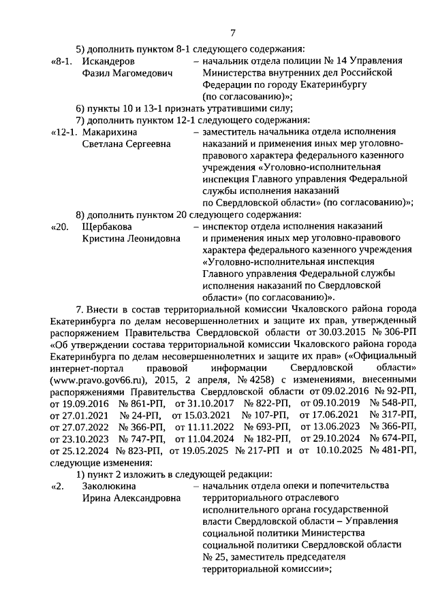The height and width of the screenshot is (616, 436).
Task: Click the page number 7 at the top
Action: [232, 33]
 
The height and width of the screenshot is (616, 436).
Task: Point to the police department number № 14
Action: [338, 61]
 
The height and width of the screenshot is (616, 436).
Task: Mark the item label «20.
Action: [61, 226]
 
